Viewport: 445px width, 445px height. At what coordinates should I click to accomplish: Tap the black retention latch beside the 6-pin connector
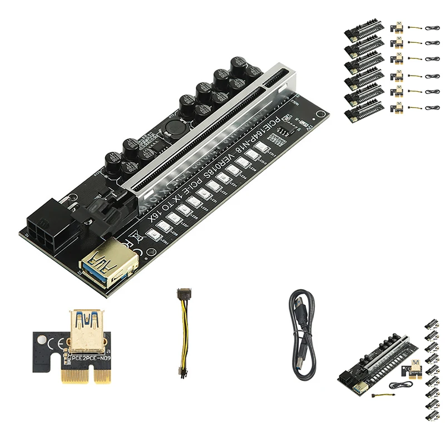tap(108, 201)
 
